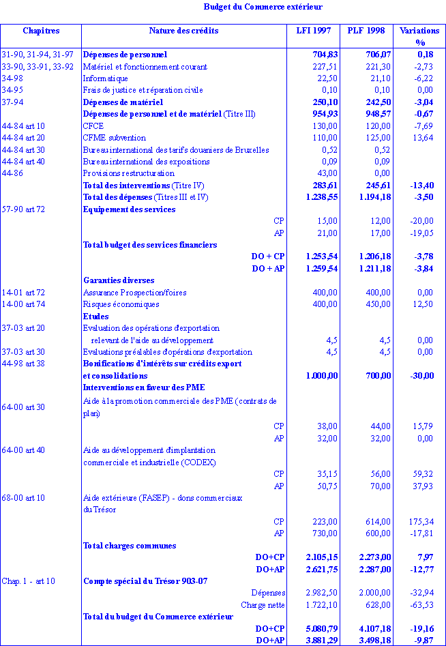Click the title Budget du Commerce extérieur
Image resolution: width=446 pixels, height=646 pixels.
coord(263,7)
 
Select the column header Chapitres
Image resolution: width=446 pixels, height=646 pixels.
coord(41,31)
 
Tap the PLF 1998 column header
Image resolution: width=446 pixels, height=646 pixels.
coord(366,31)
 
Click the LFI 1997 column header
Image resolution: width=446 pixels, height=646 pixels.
coord(314,31)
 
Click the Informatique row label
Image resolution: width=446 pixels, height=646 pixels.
coord(105,78)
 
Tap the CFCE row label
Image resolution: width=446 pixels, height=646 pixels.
coord(94,126)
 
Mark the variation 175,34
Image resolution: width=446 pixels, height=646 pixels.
coord(419,521)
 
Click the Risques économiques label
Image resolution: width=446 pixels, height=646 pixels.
coord(121,304)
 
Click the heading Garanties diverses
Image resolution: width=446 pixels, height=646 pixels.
coord(119,280)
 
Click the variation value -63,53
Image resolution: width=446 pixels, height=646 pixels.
coord(420,604)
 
